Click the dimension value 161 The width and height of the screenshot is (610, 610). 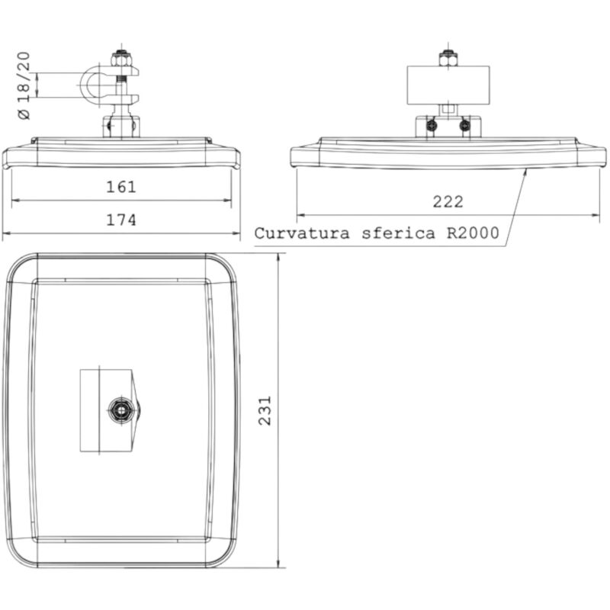point(121,187)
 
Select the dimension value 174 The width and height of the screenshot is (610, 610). point(121,220)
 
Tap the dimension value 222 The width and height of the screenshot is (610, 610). point(448,202)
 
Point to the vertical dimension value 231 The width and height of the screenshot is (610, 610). point(265,411)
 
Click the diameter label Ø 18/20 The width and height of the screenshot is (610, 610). point(24,85)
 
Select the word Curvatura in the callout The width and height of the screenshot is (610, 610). point(302,233)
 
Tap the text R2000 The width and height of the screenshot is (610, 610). point(473,233)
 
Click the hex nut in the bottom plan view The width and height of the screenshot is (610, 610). point(122,410)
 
